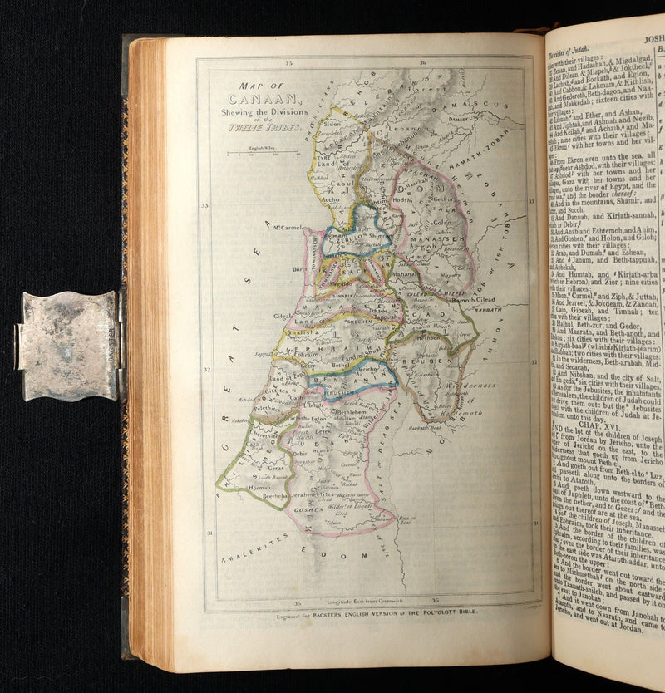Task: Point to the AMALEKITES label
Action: coord(254,553)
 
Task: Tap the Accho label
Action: coord(330,199)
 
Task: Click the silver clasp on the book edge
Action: coord(70,345)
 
